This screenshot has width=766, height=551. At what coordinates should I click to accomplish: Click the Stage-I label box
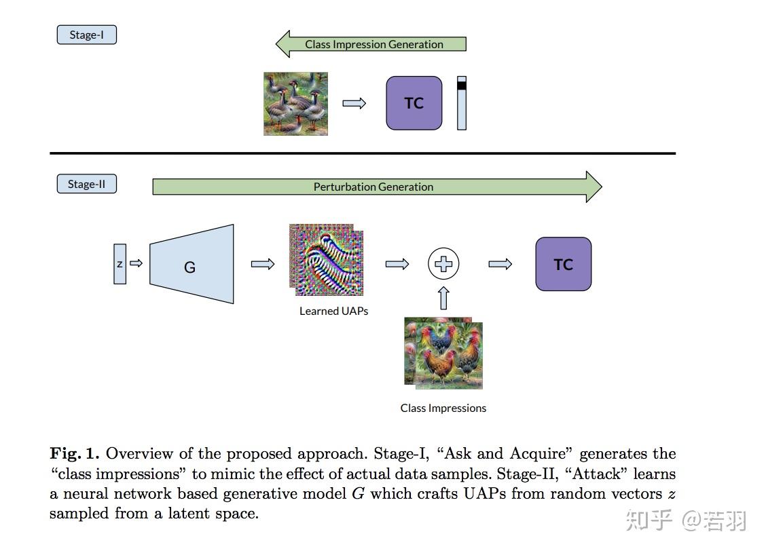click(86, 35)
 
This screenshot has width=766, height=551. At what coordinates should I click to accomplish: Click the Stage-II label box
click(86, 184)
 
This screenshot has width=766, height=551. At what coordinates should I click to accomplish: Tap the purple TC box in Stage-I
click(414, 103)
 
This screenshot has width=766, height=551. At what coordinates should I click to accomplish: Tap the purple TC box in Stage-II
click(563, 264)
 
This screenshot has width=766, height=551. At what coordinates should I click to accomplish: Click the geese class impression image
click(295, 104)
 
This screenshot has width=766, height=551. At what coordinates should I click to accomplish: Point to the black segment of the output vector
click(462, 85)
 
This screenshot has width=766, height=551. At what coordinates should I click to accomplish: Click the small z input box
click(120, 263)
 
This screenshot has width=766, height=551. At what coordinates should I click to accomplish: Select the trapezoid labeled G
click(191, 264)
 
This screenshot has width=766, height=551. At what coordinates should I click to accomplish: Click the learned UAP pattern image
click(325, 260)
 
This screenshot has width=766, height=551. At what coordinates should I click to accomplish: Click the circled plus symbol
click(443, 264)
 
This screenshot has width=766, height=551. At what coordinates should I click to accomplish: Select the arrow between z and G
click(136, 263)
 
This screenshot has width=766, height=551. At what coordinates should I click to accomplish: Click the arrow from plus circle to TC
click(500, 264)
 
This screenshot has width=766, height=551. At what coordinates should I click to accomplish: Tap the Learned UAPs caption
click(333, 311)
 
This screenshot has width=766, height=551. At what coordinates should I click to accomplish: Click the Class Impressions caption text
click(443, 408)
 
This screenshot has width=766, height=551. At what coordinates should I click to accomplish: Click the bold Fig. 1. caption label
click(75, 454)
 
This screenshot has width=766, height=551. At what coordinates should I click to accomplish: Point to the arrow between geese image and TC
click(354, 103)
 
